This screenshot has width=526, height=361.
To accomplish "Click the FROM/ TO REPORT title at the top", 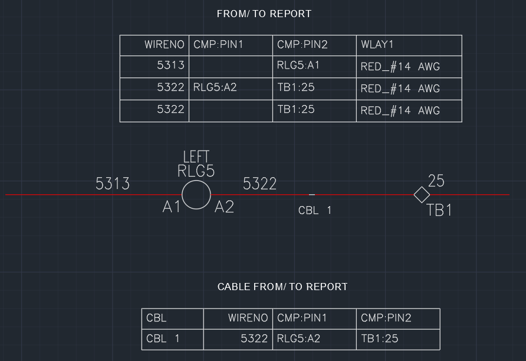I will [264, 14].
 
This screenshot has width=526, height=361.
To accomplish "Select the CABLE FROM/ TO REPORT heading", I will [282, 287].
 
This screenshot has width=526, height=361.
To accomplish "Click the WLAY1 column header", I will [377, 45].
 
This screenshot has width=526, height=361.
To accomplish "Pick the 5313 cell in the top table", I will [170, 66].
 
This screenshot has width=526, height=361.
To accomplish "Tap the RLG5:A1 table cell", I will [298, 66].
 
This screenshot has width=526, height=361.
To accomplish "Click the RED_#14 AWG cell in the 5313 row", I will [400, 67].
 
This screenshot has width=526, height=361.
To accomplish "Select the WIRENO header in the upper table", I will [165, 45].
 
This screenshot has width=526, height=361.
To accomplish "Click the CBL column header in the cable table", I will [156, 318].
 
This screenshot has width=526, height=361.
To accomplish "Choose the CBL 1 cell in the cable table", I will [163, 339].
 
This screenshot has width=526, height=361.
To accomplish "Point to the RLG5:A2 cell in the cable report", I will [298, 339].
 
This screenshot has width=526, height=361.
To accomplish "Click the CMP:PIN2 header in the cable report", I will [386, 318].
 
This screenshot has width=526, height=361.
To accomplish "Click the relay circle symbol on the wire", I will [196, 195].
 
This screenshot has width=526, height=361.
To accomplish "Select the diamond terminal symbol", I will [422, 195].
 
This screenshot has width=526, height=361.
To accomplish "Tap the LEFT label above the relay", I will [196, 157].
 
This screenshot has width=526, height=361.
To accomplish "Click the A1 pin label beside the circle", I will [171, 207].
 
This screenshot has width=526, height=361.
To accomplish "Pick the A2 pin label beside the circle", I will [224, 207].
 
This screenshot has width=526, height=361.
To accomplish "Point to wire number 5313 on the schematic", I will [113, 184].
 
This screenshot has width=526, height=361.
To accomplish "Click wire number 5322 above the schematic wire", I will [259, 184].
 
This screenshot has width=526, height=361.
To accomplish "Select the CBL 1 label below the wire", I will [315, 210].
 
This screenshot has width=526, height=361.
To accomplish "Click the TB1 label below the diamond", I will [439, 210].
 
